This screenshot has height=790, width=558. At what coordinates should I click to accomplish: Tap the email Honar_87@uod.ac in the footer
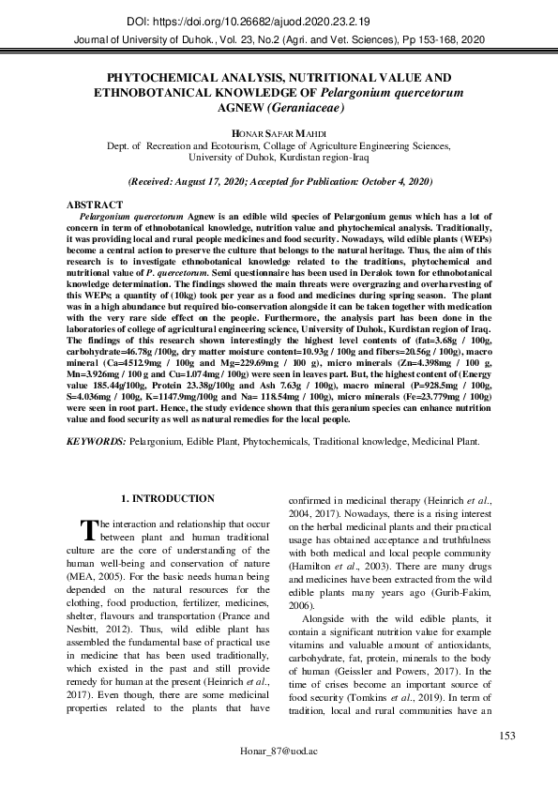279,753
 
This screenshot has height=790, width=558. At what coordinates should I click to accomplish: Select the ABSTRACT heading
94,205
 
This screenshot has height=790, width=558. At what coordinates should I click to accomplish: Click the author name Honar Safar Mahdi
279,134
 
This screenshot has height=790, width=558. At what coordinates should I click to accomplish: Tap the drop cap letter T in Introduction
88,532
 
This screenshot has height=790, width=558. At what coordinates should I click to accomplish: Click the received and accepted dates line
279,179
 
